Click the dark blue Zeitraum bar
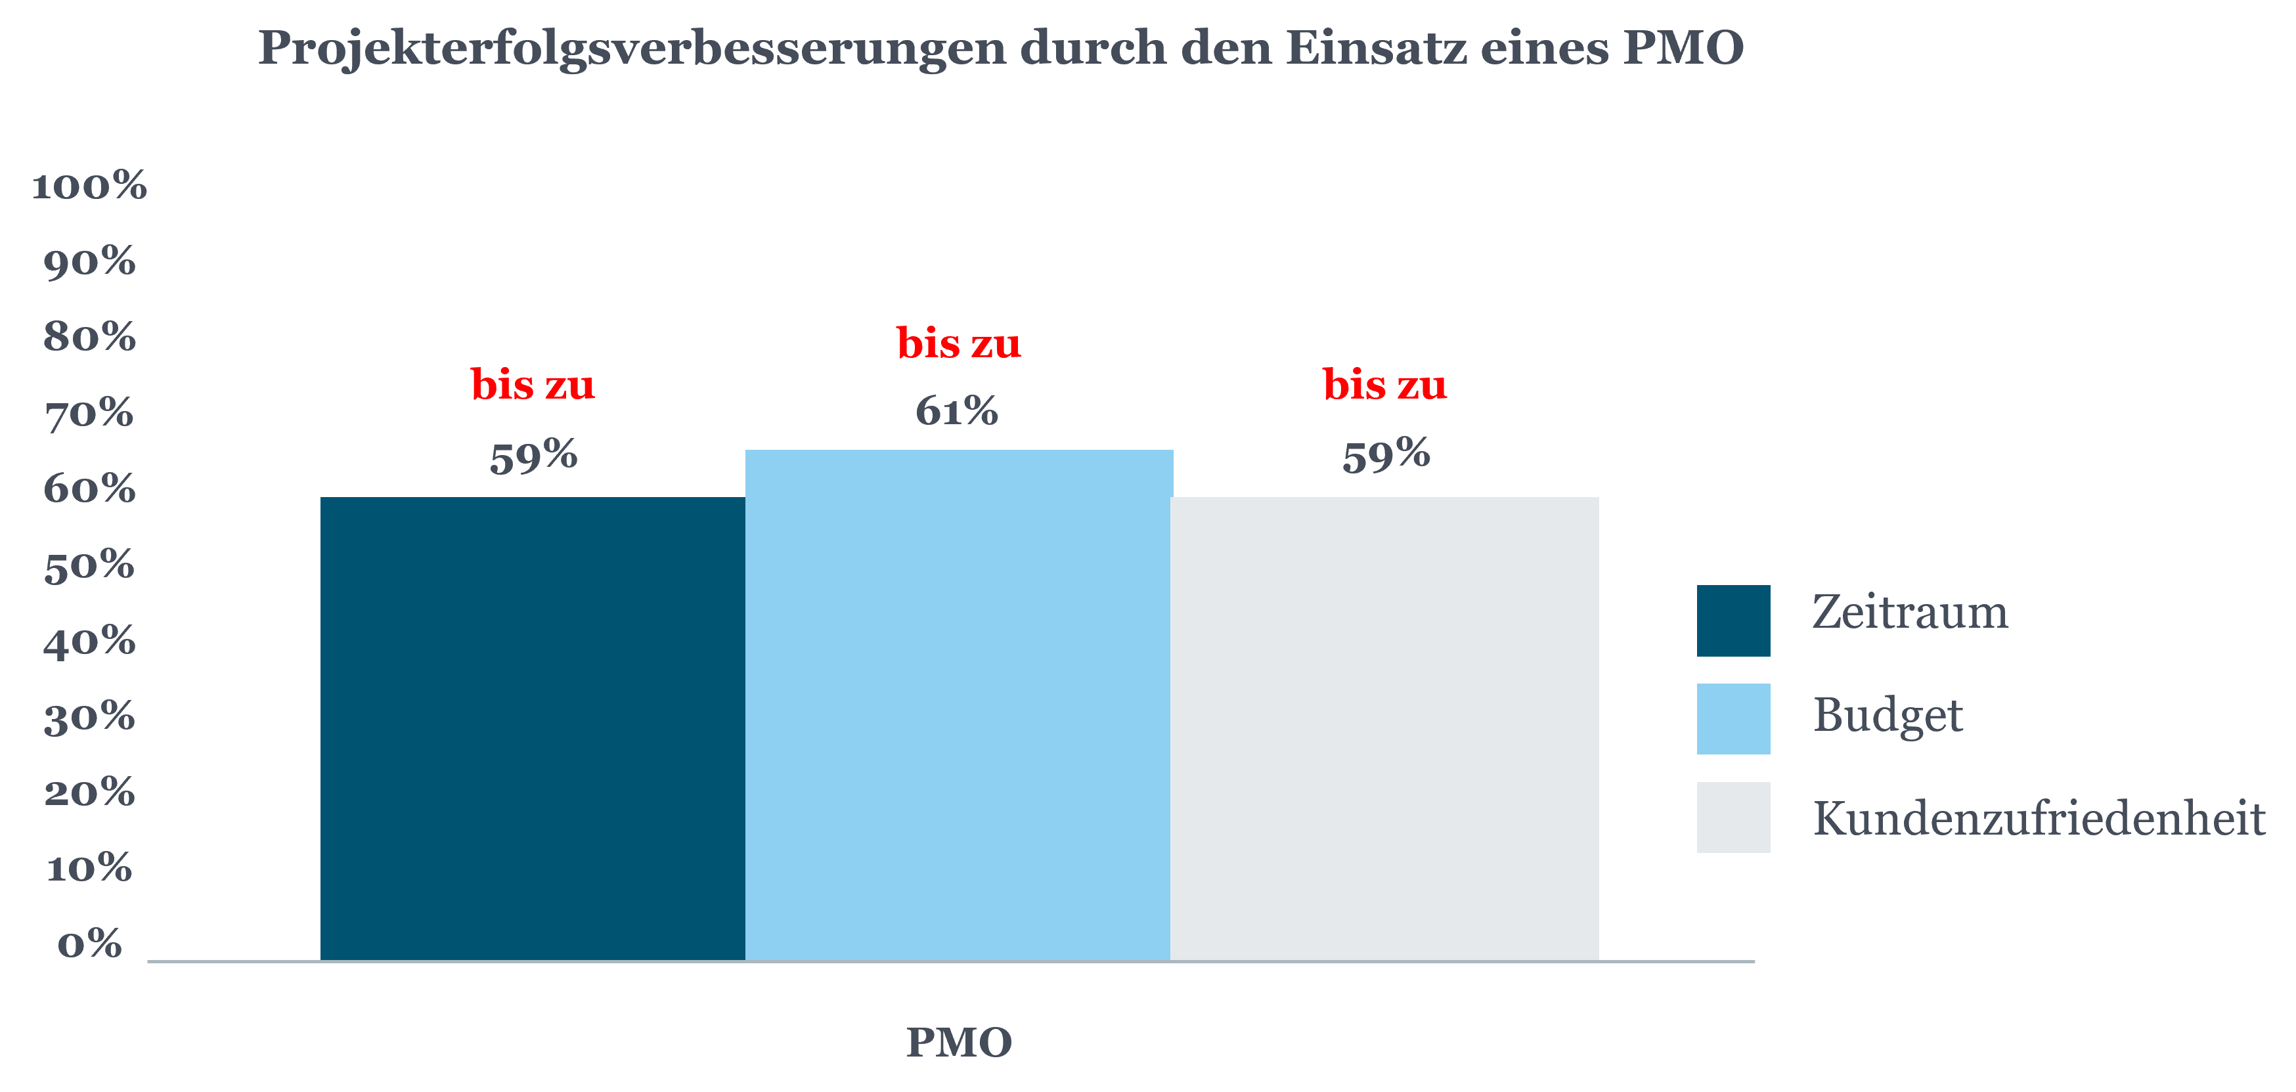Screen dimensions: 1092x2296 [x=532, y=728]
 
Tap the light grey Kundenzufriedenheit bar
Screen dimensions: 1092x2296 [x=1384, y=728]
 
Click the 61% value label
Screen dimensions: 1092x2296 [x=956, y=411]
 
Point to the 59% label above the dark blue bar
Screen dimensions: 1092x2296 [x=533, y=456]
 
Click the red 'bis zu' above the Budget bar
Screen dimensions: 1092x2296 [x=958, y=343]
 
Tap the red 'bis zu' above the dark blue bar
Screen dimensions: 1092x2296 [x=532, y=384]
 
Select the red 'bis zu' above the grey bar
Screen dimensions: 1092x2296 [x=1384, y=384]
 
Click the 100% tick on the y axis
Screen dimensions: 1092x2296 [x=89, y=186]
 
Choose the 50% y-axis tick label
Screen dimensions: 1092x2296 [x=89, y=565]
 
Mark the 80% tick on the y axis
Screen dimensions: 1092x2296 [x=89, y=338]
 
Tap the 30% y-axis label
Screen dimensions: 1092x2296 [x=89, y=716]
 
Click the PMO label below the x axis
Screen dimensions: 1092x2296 [x=959, y=1042]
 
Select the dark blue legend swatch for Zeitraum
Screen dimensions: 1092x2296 [x=1733, y=621]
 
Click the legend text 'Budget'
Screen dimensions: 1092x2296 [x=1888, y=715]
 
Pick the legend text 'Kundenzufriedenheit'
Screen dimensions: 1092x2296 [x=2039, y=818]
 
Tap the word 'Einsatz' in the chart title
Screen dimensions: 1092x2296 [x=1375, y=48]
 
